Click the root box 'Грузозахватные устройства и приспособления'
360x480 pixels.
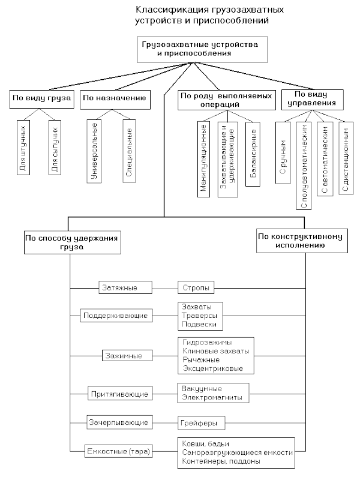tap(202, 50)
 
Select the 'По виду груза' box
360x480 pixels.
tap(41, 99)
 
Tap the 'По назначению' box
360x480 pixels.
tap(115, 100)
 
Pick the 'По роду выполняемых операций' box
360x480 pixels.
tap(227, 100)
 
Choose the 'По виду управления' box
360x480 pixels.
tap(312, 100)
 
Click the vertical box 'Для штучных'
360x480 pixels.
tap(23, 147)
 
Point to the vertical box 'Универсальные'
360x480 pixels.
tap(94, 151)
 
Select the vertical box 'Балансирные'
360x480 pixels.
tap(253, 154)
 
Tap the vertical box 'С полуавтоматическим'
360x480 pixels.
tap(304, 166)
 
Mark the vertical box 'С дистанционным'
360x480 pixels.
tap(346, 158)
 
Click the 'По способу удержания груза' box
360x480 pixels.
tap(73, 242)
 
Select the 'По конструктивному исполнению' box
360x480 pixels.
tap(302, 241)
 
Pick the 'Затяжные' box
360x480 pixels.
tap(125, 288)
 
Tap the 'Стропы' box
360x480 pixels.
tap(196, 288)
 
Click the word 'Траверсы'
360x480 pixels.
tap(199, 316)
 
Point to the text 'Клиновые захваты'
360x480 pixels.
tap(216, 351)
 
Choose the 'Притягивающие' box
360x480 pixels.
tap(120, 394)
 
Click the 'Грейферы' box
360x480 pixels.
tap(202, 423)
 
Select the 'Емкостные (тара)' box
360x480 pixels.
tap(118, 451)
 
